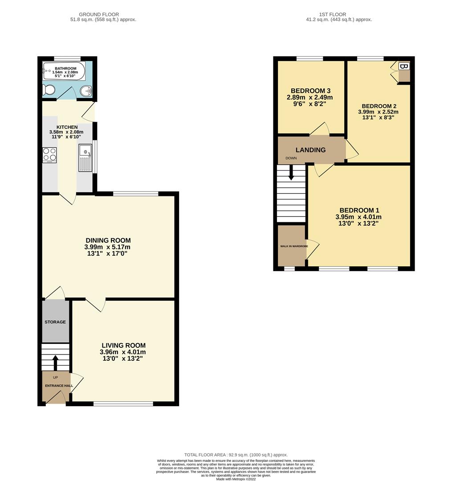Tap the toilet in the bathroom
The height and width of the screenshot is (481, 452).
point(48,91)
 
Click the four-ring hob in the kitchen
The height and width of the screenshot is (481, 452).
point(49,155)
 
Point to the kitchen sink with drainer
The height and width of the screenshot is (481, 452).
point(85,158)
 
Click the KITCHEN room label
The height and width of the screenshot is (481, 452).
point(67,127)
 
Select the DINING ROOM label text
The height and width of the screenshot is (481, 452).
point(108,240)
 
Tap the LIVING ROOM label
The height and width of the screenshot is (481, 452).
point(123,345)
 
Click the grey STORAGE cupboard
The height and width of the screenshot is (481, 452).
point(55,322)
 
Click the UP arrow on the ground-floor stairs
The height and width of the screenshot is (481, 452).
point(55,362)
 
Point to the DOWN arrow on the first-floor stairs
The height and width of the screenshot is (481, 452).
point(291,173)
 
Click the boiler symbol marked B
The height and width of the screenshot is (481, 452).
point(404,67)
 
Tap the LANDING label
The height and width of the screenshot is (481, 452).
point(311,150)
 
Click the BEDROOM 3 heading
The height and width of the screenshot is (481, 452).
point(311,90)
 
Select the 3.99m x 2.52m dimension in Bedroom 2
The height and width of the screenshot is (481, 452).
point(378,112)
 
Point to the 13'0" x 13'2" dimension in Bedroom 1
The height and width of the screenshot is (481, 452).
point(358,224)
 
